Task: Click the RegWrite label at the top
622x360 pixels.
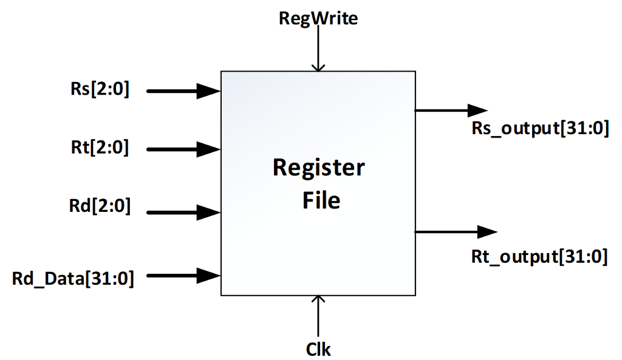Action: coord(318,18)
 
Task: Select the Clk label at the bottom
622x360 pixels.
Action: coord(318,348)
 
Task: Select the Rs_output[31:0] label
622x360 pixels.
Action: coord(540,130)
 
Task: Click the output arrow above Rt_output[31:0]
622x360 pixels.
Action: coord(456,231)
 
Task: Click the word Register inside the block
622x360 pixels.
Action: coord(319,168)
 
